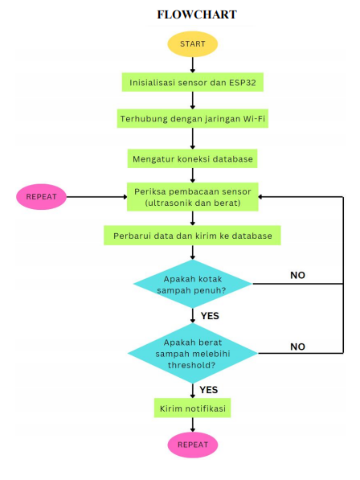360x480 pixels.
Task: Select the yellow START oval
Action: (192, 43)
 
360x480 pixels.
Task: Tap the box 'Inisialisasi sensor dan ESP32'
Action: (192, 82)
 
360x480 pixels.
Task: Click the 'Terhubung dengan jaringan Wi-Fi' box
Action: (192, 120)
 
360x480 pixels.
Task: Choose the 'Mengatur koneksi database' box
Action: (192, 159)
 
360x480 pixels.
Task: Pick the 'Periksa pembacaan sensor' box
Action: (192, 196)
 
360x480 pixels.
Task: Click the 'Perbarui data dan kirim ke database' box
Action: (192, 236)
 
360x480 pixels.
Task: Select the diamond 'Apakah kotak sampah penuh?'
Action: (192, 283)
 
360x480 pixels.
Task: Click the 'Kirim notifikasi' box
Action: (192, 408)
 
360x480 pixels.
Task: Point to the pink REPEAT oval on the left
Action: (41, 196)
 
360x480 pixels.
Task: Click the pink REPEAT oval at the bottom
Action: (192, 444)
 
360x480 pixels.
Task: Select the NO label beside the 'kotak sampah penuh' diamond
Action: (297, 276)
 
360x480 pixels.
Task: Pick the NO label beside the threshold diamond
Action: (297, 347)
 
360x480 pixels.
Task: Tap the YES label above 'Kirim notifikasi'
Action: (209, 389)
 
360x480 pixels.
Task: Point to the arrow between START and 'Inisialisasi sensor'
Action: (192, 64)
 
